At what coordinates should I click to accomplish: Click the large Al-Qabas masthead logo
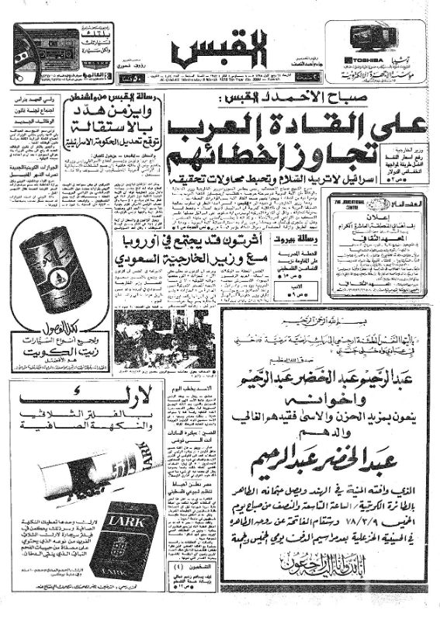220,48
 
